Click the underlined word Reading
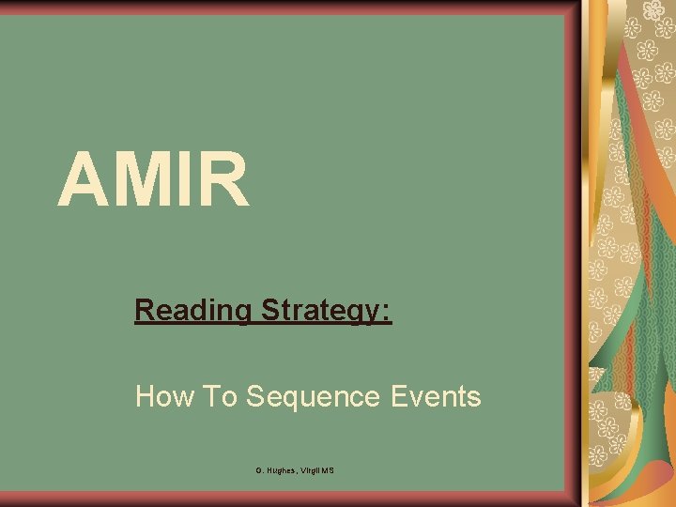click(192, 310)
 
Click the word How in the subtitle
click(164, 397)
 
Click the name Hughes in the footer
click(281, 469)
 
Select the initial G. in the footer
click(258, 469)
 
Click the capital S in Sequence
click(254, 397)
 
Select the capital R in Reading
click(144, 310)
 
